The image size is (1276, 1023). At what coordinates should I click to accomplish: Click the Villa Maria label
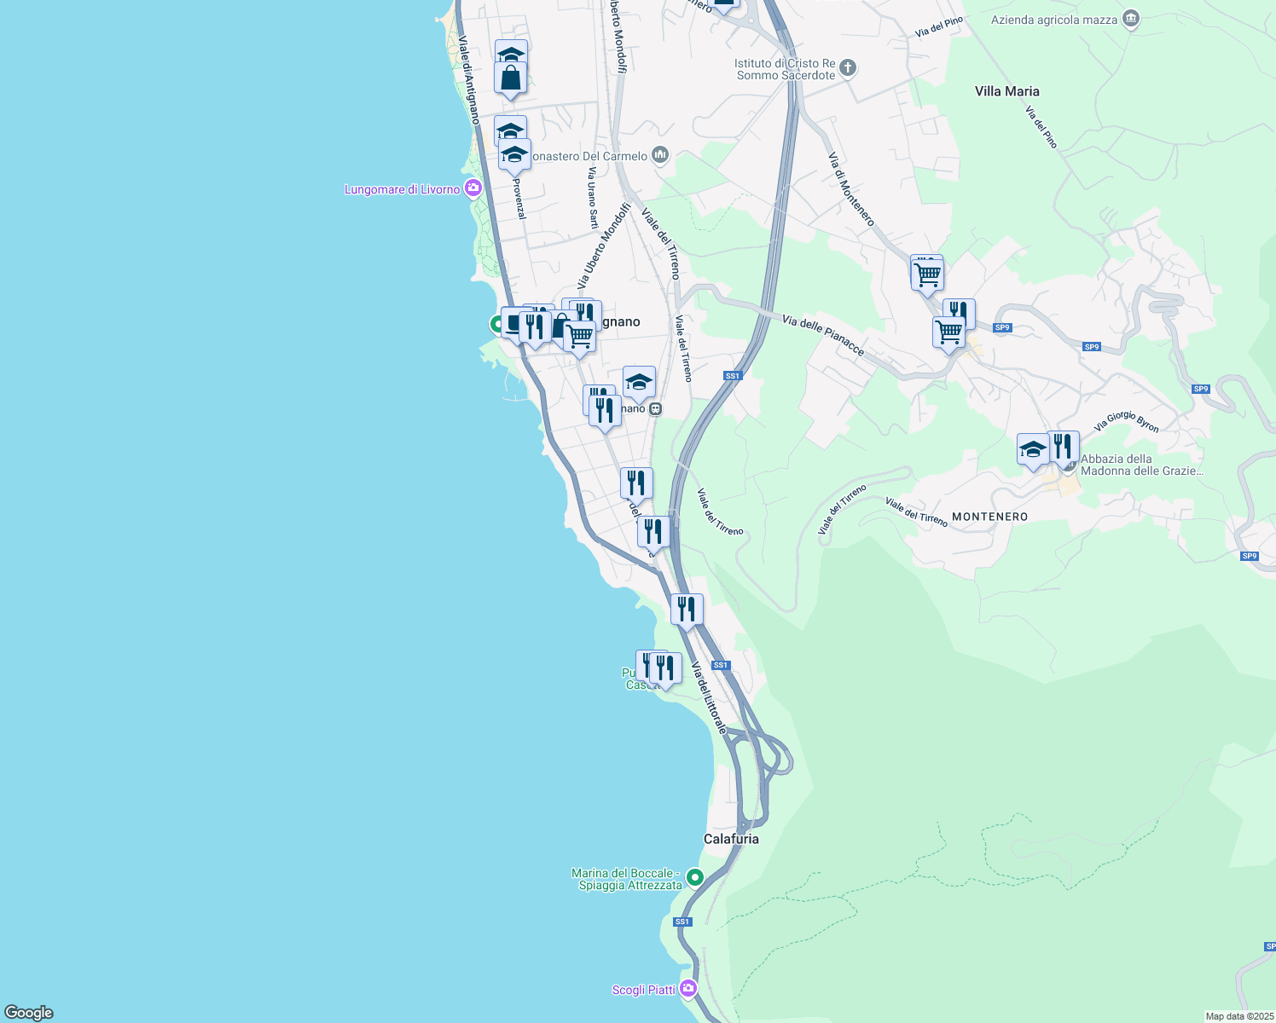click(1006, 91)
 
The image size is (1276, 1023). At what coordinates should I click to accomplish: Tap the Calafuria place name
click(731, 839)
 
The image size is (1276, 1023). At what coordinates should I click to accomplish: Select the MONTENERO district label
click(989, 517)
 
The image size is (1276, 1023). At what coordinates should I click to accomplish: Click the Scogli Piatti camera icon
click(688, 989)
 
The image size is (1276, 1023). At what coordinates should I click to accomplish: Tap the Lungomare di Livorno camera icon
click(473, 189)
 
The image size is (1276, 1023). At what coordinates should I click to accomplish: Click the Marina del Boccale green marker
click(695, 876)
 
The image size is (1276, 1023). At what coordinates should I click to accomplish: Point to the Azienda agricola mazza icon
click(1131, 19)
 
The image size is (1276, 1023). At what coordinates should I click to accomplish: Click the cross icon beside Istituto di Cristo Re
click(847, 68)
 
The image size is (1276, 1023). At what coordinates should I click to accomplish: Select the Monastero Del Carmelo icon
click(659, 155)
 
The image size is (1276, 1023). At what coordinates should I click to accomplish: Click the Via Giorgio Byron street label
click(1126, 421)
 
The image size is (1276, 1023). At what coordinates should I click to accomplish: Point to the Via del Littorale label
click(709, 697)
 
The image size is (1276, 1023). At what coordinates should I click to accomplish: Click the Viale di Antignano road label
click(468, 79)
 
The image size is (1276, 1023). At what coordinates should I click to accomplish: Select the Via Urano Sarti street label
click(592, 198)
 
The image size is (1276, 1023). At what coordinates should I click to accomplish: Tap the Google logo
click(29, 1012)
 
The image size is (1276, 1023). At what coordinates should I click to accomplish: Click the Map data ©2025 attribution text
click(1239, 1016)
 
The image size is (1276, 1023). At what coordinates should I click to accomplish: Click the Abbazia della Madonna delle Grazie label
click(1141, 465)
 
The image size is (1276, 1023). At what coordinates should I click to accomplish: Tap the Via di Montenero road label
click(851, 189)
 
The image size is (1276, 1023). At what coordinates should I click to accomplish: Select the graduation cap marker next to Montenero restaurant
click(1032, 450)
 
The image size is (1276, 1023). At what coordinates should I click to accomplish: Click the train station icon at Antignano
click(655, 409)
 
